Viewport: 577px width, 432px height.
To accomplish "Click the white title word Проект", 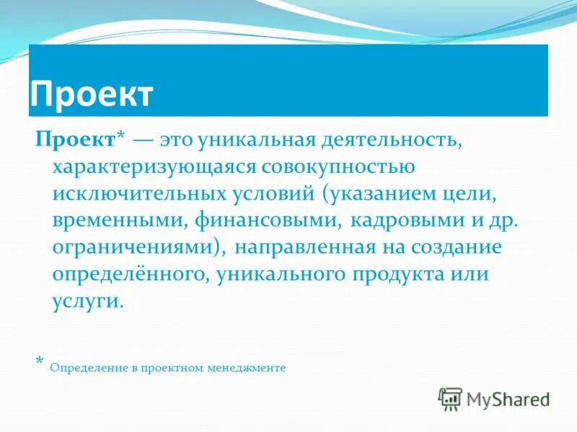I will coord(92,95).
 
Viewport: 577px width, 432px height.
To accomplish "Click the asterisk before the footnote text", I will coord(40,361).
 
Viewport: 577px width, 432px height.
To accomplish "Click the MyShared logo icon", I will coord(451,398).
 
